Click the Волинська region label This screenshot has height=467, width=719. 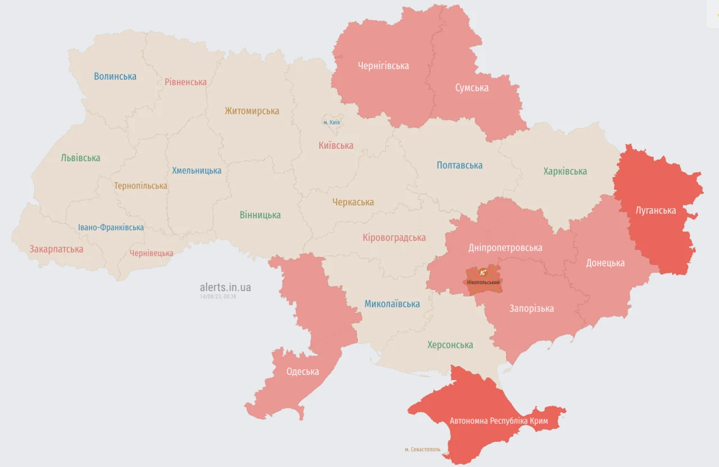tap(115, 76)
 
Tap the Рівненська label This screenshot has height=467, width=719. tap(185, 82)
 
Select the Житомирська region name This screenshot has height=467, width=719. tap(252, 111)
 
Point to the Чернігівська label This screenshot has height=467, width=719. tap(383, 66)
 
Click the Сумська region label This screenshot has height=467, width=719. tap(471, 88)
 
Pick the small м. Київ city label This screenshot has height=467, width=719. tap(331, 122)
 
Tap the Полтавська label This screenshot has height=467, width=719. tap(459, 166)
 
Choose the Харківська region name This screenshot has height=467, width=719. tap(565, 171)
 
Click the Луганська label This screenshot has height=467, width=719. tap(655, 210)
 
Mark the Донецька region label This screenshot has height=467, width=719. tap(605, 263)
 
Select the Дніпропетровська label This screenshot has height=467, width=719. tap(505, 248)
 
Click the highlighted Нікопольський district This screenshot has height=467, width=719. tap(484, 279)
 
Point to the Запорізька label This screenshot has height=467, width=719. tap(531, 308)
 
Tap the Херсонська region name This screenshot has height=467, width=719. tap(449, 345)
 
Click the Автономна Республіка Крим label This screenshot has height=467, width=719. tap(499, 420)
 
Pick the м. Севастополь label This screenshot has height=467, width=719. tap(422, 450)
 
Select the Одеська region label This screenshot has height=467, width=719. tap(302, 372)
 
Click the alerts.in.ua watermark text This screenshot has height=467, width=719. tap(225, 287)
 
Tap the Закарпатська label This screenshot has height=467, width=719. tap(56, 249)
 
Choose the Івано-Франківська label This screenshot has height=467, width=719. tap(111, 227)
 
